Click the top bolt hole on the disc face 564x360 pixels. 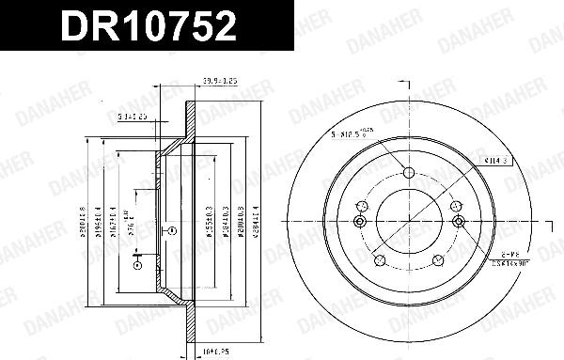click(408, 172)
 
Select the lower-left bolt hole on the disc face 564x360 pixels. click(378, 262)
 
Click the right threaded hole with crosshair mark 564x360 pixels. click(458, 221)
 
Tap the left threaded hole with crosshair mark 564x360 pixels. click(358, 221)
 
